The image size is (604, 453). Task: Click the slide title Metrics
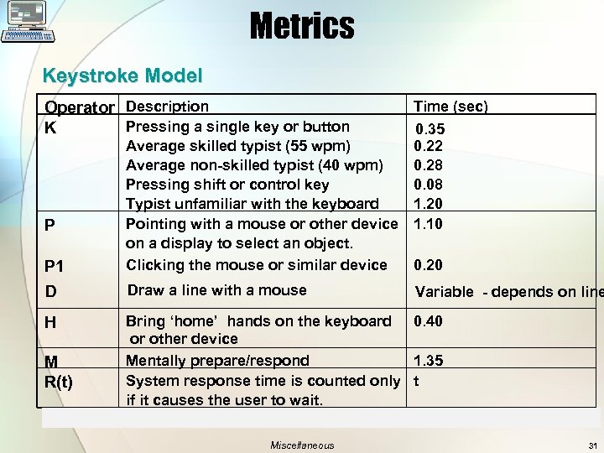click(301, 25)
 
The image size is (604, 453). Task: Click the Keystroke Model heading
click(122, 75)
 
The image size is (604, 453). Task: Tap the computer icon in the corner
click(29, 22)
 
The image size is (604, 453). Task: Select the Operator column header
click(80, 107)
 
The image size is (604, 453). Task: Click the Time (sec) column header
click(450, 107)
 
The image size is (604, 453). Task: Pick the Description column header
click(167, 107)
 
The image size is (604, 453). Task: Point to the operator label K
click(51, 129)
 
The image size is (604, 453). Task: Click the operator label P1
click(55, 267)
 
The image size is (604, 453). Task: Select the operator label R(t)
click(59, 383)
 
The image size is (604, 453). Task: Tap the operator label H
click(50, 322)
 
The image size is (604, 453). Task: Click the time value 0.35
click(431, 129)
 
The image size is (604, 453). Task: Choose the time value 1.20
click(428, 204)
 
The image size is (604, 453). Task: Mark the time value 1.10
click(428, 224)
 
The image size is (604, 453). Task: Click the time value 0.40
click(428, 321)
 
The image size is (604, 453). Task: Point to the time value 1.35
click(428, 361)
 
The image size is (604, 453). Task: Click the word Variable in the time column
click(445, 292)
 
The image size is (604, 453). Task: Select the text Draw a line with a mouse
click(216, 290)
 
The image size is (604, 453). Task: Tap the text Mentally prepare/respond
click(217, 361)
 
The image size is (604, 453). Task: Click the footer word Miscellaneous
click(302, 445)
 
